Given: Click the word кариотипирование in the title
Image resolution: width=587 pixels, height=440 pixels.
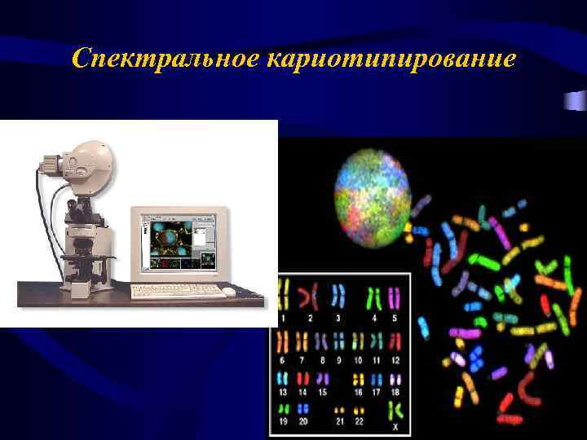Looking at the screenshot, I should tap(391, 59).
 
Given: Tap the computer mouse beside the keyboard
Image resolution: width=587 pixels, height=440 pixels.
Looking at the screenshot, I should tap(229, 291).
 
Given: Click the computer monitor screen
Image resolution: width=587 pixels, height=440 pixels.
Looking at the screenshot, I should tap(178, 242).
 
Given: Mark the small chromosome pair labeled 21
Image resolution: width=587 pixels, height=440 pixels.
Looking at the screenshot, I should tap(338, 409).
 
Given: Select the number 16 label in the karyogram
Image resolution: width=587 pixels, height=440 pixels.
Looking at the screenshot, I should tap(358, 392).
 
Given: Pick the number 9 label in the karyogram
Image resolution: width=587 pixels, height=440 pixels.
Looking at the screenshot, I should tap(339, 359).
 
